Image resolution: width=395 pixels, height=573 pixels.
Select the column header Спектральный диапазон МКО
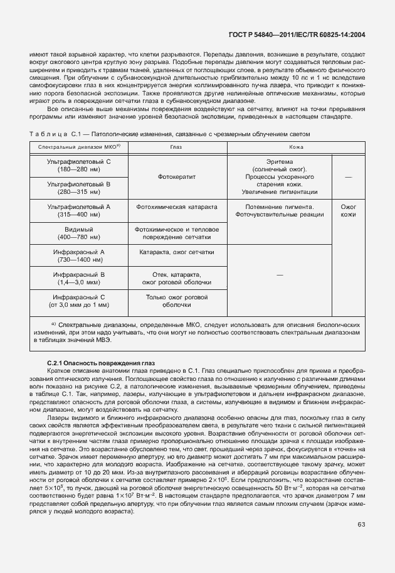tap(79, 146)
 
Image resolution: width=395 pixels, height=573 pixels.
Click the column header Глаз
tap(176, 146)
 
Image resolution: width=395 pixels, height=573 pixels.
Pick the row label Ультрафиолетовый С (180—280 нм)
tap(79, 166)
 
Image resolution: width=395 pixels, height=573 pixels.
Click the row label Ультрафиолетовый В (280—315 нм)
tap(79, 188)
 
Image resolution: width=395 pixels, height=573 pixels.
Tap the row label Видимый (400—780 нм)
tap(79, 233)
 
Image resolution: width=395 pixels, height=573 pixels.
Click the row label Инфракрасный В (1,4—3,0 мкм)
tap(79, 278)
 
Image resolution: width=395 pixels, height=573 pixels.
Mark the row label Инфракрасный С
tap(79, 300)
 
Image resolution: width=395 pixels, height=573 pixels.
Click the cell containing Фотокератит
tap(176, 177)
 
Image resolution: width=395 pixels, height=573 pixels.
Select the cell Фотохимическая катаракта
tap(176, 206)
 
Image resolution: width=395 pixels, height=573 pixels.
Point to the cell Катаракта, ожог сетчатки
tap(176, 252)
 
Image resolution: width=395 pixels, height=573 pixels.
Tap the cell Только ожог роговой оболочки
tap(176, 300)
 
